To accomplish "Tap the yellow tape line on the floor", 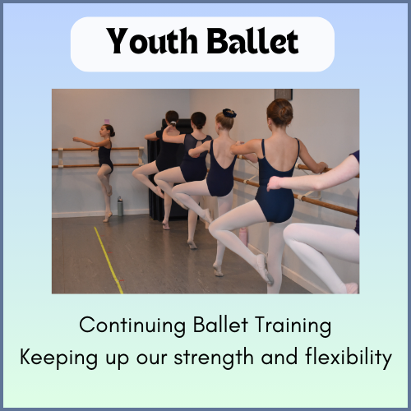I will coord(109,259).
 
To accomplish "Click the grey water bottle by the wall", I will coord(120,205).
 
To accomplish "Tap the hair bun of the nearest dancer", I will coord(280,109).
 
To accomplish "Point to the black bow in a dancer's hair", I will coord(230,113).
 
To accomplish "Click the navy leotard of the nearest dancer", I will coord(276,177).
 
